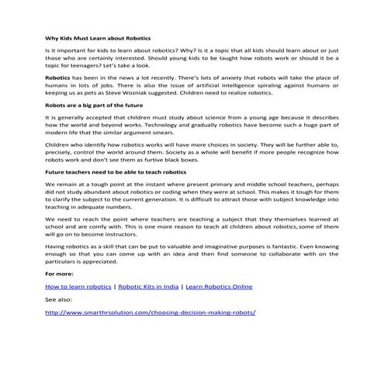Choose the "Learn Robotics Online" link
pyautogui.click(x=219, y=287)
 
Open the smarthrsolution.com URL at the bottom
pyautogui.click(x=150, y=313)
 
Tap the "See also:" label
pyautogui.click(x=59, y=299)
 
